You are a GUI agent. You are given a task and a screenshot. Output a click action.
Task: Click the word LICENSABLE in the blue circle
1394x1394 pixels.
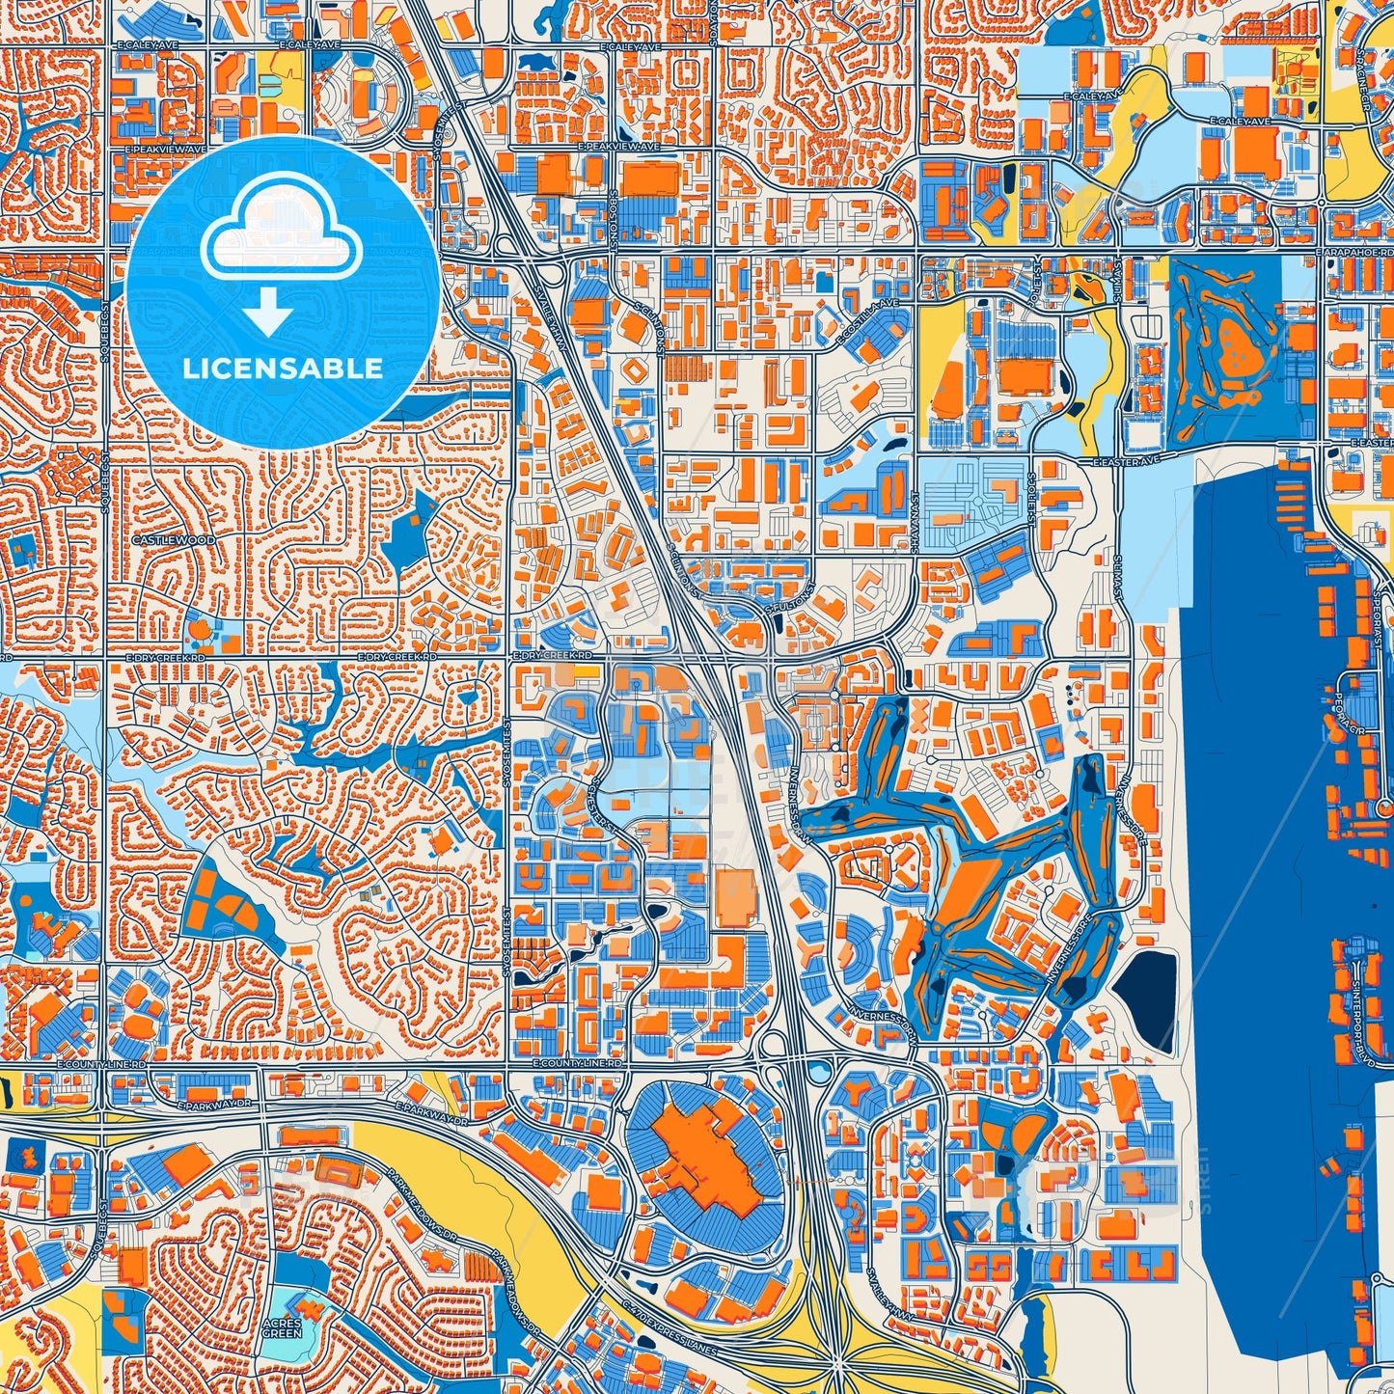point(283,369)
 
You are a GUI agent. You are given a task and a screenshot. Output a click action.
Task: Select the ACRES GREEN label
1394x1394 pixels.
point(286,1328)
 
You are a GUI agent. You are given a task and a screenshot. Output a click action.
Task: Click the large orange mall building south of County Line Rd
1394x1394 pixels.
point(702,1154)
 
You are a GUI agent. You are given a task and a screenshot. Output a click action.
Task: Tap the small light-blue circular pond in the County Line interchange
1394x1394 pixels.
point(820,1069)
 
